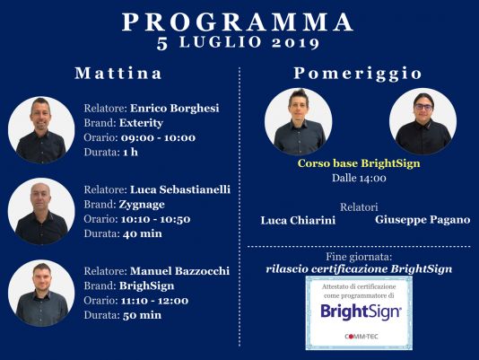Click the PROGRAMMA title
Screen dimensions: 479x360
tap(238, 22)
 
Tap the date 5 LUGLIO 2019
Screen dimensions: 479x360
tap(238, 43)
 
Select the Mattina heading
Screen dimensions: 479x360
tap(118, 74)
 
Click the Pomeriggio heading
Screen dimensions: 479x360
tap(358, 74)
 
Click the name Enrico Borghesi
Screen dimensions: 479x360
tap(175, 109)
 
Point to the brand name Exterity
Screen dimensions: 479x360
tap(141, 123)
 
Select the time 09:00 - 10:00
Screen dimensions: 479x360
tap(158, 137)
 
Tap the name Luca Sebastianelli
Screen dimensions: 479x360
tap(180, 189)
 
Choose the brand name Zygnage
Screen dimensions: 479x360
tap(142, 205)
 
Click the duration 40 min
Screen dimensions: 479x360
tap(143, 233)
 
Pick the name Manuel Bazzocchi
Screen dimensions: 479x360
tap(179, 271)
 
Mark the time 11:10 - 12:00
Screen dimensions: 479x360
tap(154, 301)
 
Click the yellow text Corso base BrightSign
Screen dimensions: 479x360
tap(359, 163)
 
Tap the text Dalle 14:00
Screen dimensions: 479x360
tap(359, 178)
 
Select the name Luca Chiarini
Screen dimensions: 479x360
tap(298, 220)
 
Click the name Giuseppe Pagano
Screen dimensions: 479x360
tap(422, 220)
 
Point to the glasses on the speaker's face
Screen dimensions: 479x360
tap(423, 107)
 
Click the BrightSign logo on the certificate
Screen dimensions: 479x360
tap(361, 312)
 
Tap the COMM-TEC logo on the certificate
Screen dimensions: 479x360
tap(361, 337)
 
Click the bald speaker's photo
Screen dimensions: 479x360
tap(41, 211)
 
